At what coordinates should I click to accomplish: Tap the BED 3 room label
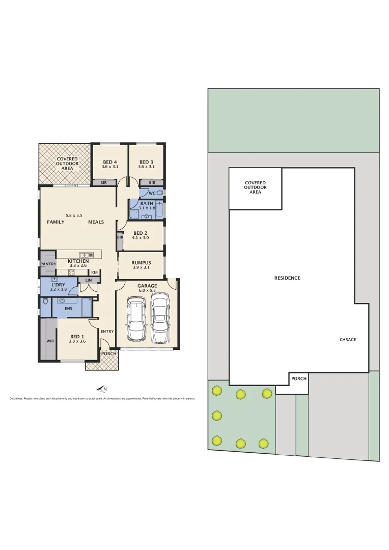147,162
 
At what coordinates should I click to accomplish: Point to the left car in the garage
136,319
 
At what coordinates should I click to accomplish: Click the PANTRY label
48,264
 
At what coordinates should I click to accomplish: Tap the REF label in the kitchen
95,272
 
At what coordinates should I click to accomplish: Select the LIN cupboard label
89,281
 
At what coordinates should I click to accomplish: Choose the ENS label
68,308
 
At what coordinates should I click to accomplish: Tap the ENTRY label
107,332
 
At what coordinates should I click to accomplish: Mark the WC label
152,194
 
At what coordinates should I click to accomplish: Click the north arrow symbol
101,390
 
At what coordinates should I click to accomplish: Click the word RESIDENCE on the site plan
287,278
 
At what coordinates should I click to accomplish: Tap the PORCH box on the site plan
299,379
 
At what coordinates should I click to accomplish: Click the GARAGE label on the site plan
348,339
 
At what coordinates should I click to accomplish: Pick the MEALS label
96,222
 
